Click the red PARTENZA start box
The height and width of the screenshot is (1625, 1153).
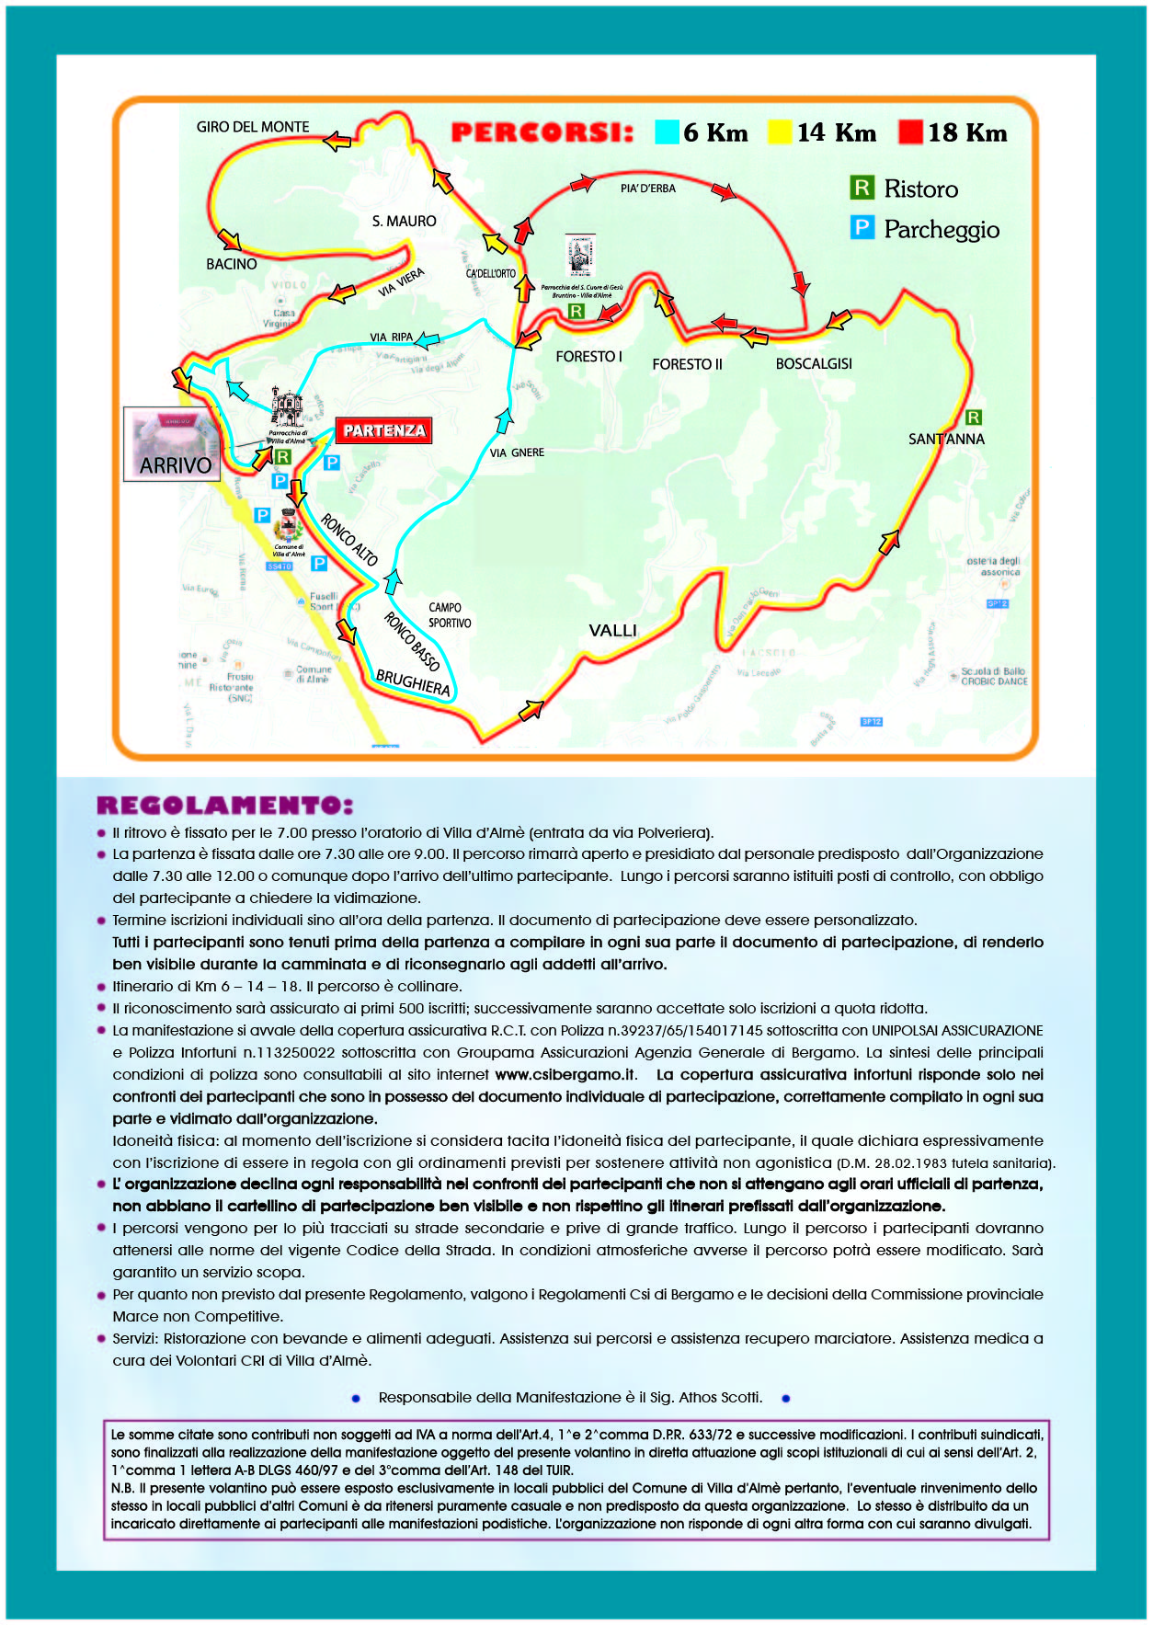coord(384,430)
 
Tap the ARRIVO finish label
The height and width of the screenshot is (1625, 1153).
coord(176,465)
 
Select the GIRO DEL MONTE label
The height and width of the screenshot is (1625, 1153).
coord(253,127)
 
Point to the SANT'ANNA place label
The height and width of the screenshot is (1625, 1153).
coord(946,440)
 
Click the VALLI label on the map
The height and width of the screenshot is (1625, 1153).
coord(612,631)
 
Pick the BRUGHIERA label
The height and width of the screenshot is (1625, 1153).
coord(413,683)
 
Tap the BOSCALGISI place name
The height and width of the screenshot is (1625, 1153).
coord(814,364)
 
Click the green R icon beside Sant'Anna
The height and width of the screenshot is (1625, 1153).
coord(974,418)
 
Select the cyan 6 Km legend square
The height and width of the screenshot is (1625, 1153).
coord(667,132)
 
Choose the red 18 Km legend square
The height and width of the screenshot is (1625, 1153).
coord(910,132)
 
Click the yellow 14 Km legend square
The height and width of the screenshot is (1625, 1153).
coord(780,132)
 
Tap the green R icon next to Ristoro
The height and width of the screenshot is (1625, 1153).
coord(862,189)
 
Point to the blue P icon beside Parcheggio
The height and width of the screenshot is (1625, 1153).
coord(862,228)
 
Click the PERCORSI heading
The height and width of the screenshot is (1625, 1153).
coord(542,133)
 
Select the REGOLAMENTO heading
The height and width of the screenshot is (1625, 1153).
coord(224,806)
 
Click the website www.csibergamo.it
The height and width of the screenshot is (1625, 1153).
coord(565,1075)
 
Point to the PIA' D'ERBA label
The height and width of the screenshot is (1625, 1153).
coord(647,189)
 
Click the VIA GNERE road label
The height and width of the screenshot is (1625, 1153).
coord(517,453)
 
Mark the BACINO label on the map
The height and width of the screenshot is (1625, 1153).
coord(232,264)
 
